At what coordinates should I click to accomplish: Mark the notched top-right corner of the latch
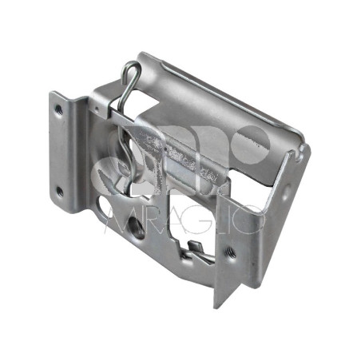click(x=300, y=147)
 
